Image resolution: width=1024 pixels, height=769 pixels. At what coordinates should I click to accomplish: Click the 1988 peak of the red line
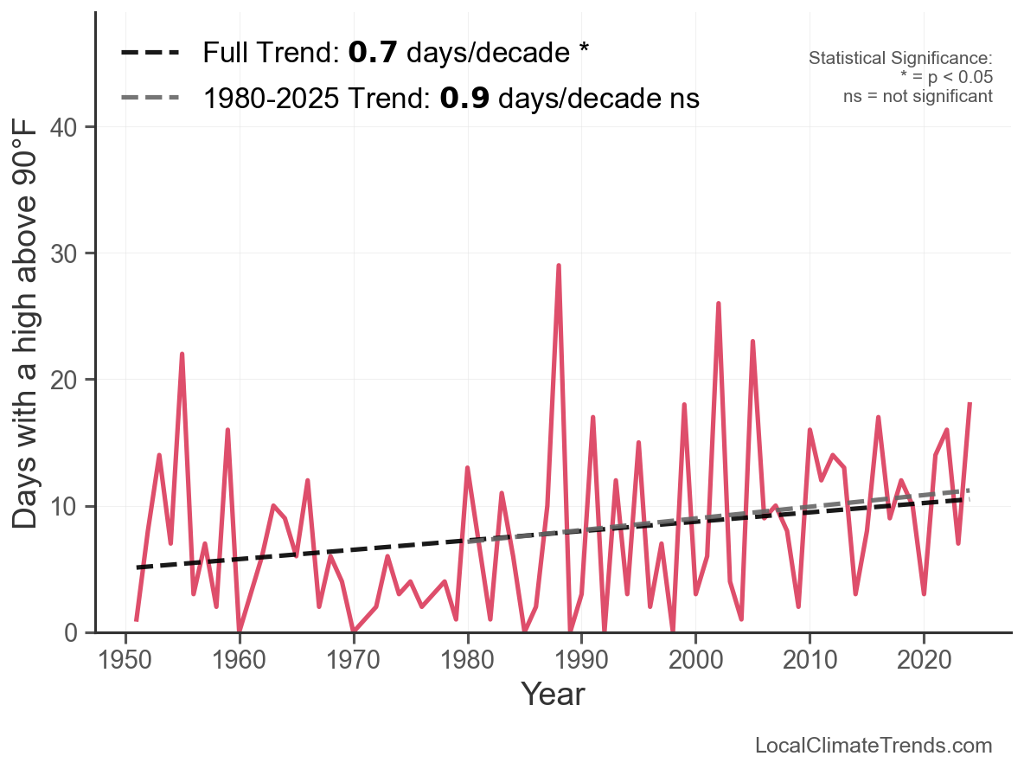coord(559,266)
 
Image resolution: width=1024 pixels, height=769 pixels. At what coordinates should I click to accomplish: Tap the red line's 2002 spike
coord(718,304)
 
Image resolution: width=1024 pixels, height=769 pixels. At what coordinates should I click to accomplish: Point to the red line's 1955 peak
coord(182,355)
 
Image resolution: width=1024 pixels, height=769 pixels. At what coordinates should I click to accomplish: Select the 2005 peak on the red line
coord(752,343)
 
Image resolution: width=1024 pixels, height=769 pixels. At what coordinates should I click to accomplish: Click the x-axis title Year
coord(553,694)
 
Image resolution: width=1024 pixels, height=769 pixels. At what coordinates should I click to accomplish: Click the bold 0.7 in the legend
coord(373,53)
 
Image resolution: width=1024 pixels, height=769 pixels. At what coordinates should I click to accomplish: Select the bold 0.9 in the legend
coord(464,99)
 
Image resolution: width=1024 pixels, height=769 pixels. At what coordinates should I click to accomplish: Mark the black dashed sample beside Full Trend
coord(150,53)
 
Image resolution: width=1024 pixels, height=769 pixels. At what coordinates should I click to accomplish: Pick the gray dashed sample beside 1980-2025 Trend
coord(150,99)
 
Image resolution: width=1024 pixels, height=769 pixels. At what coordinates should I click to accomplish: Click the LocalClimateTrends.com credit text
coord(874,745)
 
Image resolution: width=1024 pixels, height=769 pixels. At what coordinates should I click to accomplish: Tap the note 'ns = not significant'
coord(918,95)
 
